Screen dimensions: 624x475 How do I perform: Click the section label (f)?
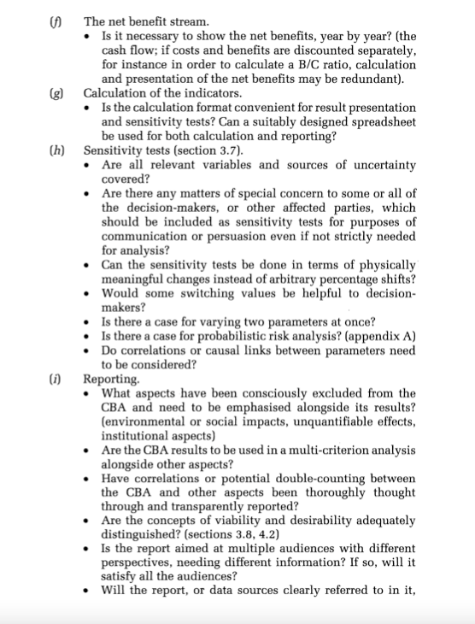pyautogui.click(x=60, y=15)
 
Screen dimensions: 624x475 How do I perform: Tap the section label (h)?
pyautogui.click(x=60, y=150)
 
